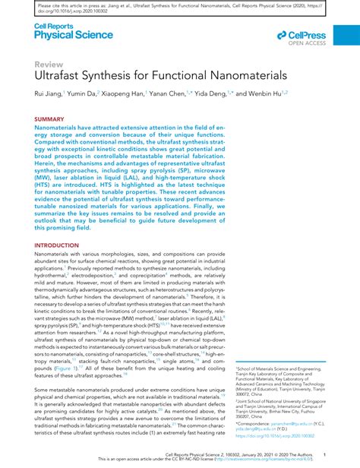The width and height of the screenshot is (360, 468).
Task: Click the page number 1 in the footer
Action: tap(324, 456)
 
